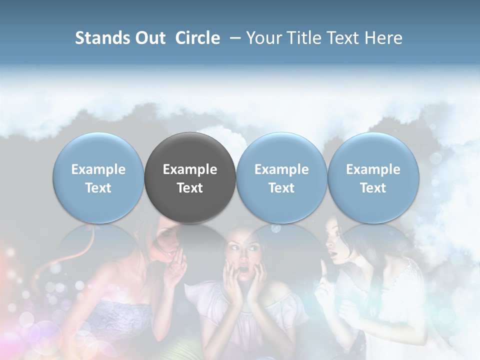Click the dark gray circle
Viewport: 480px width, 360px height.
190,178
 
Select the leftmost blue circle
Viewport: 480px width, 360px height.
98,178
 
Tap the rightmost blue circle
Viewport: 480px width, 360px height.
373,178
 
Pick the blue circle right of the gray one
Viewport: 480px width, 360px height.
281,178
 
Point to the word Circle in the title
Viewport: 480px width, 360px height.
197,38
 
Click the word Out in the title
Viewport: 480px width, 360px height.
149,38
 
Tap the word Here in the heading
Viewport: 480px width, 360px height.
383,38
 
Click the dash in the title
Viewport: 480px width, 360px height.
233,38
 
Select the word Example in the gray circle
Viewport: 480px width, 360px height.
190,169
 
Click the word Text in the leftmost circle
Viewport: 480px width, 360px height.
98,188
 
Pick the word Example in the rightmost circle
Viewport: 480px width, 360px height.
373,169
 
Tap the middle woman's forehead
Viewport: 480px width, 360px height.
242,241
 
